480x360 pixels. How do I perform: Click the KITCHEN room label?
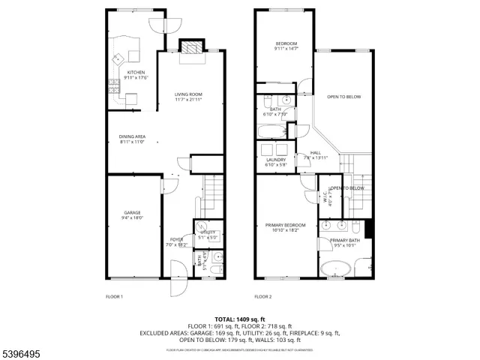click(x=136, y=73)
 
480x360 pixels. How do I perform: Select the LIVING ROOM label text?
click(x=189, y=94)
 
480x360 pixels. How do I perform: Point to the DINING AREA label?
click(x=132, y=136)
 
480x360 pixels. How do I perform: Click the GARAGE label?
click(x=132, y=213)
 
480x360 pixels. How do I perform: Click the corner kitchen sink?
click(x=118, y=58)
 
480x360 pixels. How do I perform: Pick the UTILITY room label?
click(x=208, y=232)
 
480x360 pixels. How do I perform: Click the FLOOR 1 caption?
click(x=114, y=296)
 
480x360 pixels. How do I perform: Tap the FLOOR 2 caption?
click(x=262, y=296)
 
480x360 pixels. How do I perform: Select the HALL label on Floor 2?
click(x=316, y=153)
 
